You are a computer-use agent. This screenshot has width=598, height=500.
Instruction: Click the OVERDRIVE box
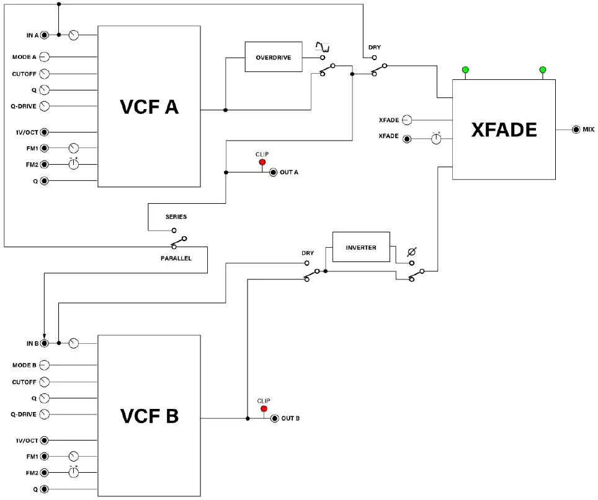click(273, 58)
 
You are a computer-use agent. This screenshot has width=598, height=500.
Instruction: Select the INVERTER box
click(361, 248)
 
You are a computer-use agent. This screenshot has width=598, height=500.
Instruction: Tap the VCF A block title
click(149, 107)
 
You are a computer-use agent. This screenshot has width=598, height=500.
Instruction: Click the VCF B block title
click(149, 416)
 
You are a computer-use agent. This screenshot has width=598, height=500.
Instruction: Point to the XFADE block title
click(504, 129)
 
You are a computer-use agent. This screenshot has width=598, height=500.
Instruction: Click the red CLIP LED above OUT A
click(262, 162)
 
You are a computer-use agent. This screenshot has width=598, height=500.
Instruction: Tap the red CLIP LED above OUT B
click(264, 409)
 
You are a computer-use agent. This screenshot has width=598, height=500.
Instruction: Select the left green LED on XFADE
click(465, 69)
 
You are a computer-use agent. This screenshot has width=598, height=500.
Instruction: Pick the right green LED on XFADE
click(543, 69)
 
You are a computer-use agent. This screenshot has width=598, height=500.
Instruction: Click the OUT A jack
click(273, 172)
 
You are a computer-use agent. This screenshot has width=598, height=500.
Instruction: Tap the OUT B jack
click(274, 419)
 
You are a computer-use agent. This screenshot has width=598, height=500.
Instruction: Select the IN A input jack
click(44, 35)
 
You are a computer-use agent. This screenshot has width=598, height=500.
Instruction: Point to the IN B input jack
click(44, 343)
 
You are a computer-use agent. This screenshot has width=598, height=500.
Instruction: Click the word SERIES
click(176, 217)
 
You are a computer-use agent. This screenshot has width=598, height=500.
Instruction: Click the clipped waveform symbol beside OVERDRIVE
click(321, 46)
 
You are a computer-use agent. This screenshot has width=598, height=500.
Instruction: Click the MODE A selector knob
click(44, 57)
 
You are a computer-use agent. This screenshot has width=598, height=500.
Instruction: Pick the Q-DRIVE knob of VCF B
click(44, 414)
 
